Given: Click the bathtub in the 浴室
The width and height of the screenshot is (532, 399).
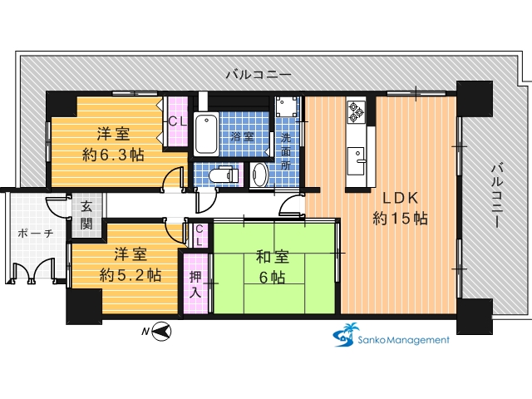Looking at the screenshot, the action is point(206,134).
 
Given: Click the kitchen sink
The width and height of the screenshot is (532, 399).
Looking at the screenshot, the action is point(357,160).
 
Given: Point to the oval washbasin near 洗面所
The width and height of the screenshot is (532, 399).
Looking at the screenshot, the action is point(260,175).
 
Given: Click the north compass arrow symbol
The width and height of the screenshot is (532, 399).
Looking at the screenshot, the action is point(160,331).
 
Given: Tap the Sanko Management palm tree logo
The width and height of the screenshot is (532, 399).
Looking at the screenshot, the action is point(346,334).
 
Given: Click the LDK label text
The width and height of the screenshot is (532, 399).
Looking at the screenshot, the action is point(400,198).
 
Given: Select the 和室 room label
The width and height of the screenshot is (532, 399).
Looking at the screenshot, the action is point(272,257).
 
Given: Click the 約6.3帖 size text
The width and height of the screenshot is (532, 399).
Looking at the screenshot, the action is point(113,155).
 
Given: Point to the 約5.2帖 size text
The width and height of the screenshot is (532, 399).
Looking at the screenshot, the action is point(131,275).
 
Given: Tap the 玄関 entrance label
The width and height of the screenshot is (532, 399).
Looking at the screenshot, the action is point(86,215).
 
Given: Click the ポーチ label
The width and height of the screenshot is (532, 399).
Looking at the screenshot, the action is point(36,234).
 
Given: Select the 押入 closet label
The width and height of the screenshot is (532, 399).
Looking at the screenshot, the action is point(195,284).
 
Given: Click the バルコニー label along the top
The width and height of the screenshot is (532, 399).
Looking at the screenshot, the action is point(259,74).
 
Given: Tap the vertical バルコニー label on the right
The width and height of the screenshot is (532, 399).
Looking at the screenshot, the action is point(497,196).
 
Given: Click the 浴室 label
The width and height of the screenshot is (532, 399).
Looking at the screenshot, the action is point(242,136).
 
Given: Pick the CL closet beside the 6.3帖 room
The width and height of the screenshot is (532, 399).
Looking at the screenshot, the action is point(177,121).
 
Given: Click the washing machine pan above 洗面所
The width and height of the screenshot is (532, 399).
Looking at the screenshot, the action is point(286,106).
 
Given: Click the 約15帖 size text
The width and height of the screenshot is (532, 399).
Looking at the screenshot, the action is point(400,219).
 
